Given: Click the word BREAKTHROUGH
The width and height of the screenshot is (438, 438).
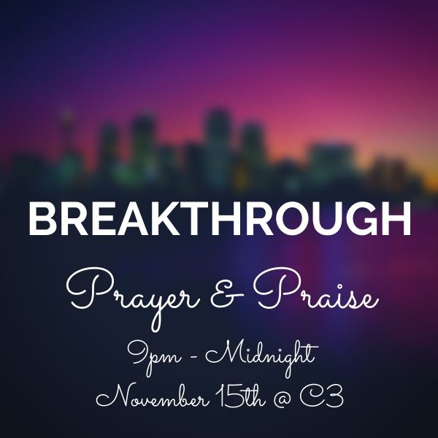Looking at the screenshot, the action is coord(220,219).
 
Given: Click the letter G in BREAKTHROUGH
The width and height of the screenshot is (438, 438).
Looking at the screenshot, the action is coord(361,219).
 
